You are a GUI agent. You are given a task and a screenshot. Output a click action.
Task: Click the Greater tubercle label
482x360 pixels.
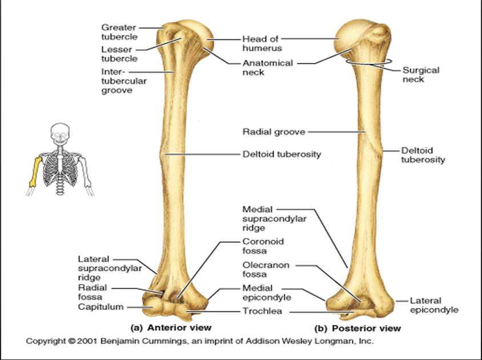(119, 32)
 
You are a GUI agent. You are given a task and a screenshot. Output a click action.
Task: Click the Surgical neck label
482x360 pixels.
(421, 75)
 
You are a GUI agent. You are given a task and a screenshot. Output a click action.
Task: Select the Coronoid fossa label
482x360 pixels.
(263, 246)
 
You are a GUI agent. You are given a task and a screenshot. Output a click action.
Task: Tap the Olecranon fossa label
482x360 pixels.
(266, 270)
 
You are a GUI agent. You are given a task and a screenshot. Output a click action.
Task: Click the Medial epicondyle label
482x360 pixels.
(267, 293)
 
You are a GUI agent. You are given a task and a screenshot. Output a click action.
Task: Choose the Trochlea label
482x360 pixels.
(262, 311)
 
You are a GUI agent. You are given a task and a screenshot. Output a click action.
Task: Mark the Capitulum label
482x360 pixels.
(101, 307)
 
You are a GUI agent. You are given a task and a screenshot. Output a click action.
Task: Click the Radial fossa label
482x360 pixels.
(92, 293)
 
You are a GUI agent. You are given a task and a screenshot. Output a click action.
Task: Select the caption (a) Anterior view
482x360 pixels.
(171, 328)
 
